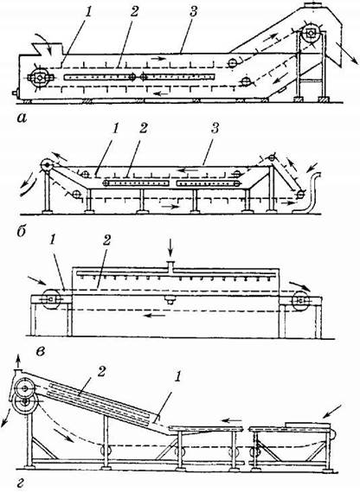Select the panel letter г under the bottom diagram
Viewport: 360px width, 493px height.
[21, 483]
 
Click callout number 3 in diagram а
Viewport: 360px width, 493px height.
[193, 11]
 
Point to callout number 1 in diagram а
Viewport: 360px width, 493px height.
[88, 12]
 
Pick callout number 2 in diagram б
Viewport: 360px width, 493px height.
[143, 128]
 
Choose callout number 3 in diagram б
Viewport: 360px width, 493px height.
[215, 128]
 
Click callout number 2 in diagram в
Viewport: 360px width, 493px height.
[106, 240]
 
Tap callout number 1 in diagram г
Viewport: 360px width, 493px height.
[177, 376]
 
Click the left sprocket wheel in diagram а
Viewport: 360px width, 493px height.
[39, 77]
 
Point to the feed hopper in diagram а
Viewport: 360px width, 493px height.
[51, 49]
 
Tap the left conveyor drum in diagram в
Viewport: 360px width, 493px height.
[50, 299]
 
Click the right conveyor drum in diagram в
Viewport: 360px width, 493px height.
[300, 300]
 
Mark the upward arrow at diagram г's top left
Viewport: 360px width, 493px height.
[18, 361]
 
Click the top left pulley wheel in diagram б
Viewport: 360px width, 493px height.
[47, 164]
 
